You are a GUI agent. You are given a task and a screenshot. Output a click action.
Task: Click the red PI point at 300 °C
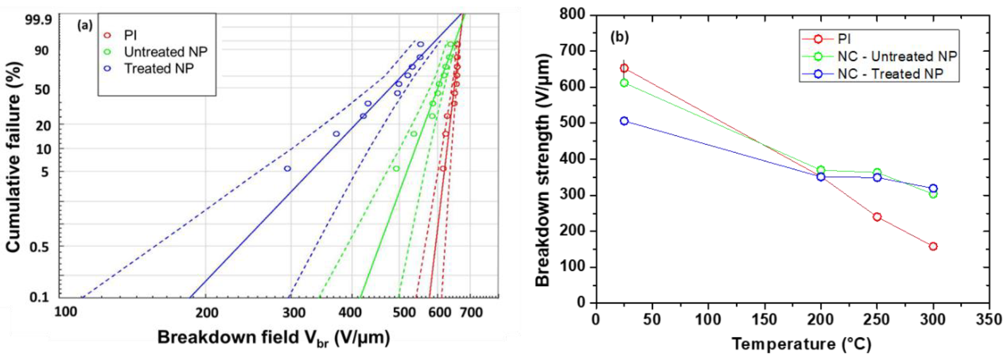coord(933,246)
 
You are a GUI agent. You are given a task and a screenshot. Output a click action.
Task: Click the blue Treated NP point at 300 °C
coord(933,188)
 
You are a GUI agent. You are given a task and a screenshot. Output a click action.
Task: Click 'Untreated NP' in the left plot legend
coord(165,52)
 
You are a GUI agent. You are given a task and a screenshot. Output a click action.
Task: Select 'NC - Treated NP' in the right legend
coord(890,74)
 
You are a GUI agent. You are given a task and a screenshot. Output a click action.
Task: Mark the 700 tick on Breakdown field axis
coord(471,312)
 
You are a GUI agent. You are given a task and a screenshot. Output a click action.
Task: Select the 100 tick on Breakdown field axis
coord(65,312)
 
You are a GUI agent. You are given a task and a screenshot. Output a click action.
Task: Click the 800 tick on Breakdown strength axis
coord(572,14)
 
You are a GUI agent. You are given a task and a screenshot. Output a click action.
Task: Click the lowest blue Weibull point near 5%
coord(287,168)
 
